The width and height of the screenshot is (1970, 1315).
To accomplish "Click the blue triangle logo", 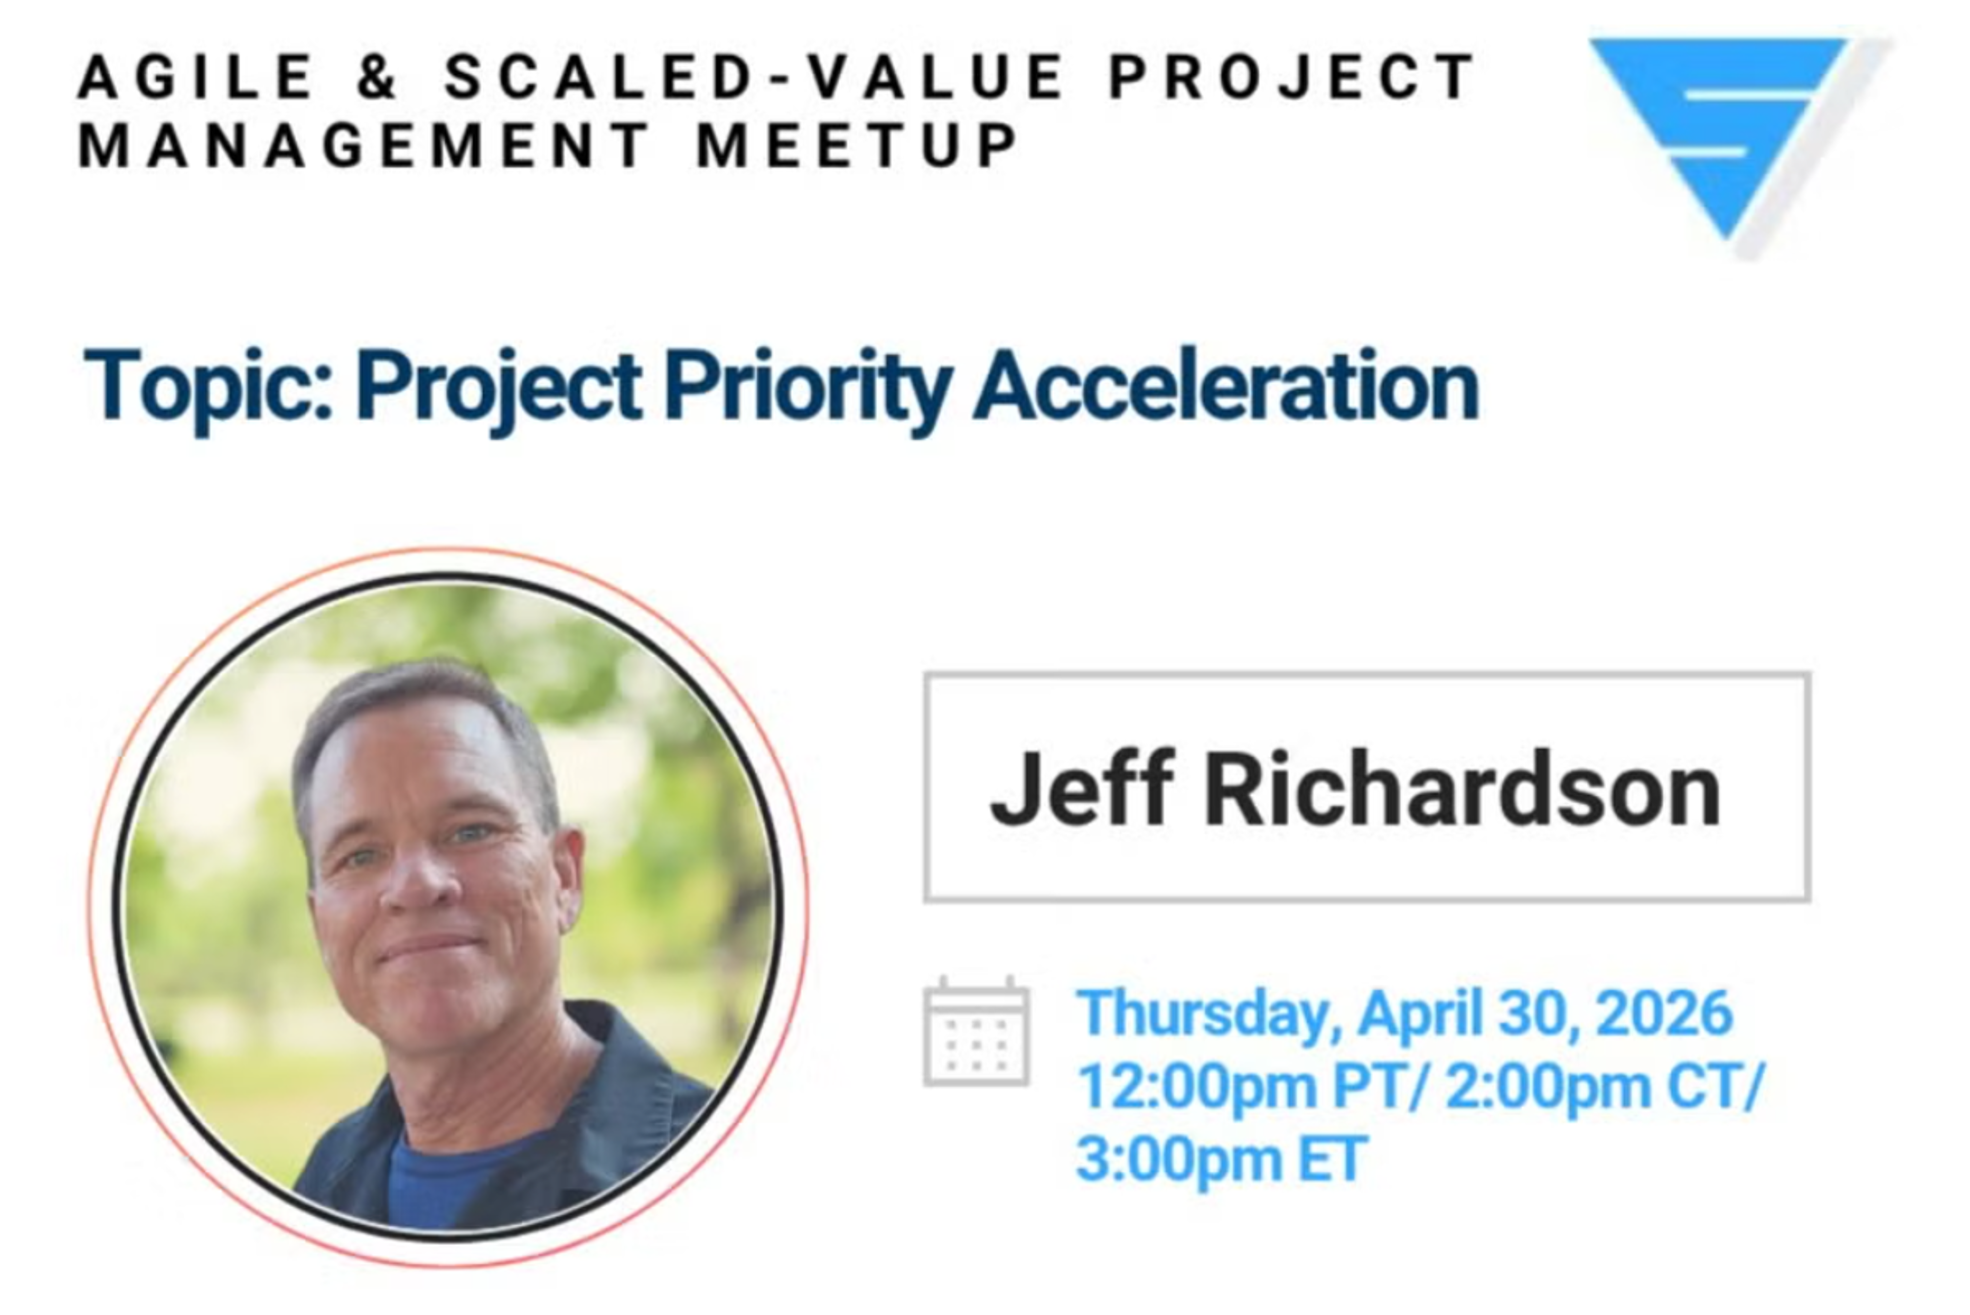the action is coord(1719,126).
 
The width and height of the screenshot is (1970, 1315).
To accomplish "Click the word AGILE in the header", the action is coord(194,76).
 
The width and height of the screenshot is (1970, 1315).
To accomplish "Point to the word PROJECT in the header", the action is coord(1291,76).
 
